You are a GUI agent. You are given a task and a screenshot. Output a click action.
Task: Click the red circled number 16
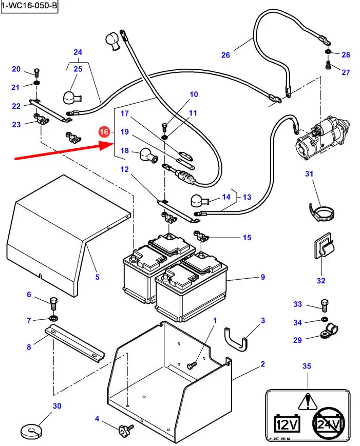coord(104,132)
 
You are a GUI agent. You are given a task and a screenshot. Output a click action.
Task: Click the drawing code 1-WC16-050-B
coord(29,6)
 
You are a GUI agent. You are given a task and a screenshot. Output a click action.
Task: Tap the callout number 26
coord(225,55)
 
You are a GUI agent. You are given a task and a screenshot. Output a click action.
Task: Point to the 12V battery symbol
coord(287,423)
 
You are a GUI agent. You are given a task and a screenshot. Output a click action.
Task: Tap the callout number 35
coord(307,366)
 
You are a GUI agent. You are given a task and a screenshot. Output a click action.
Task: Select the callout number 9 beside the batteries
coord(262,277)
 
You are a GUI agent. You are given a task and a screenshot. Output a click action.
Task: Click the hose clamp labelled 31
coord(319,212)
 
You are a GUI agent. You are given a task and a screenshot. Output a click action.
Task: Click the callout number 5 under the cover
coord(97,277)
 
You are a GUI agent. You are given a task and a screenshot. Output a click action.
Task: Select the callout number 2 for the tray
coord(262,364)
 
